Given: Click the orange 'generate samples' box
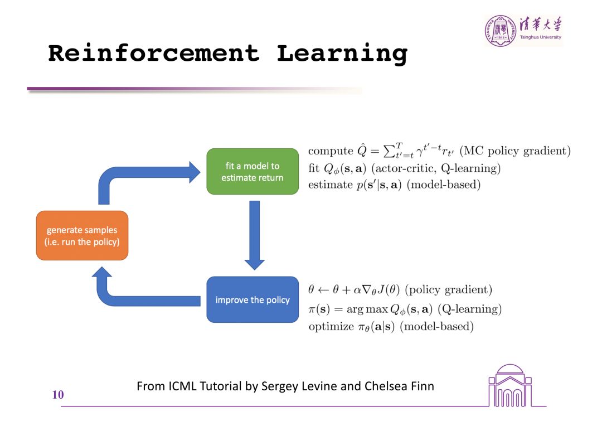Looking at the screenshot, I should point(82,235).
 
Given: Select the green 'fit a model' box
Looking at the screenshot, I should point(253,171).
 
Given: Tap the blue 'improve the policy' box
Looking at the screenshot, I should point(253,299).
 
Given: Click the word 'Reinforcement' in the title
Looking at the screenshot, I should point(154,54).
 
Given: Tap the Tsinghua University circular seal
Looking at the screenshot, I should point(498,31).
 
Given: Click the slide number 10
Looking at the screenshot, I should point(58,395).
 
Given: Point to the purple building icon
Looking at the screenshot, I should point(510,386).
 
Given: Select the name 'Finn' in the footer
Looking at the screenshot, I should point(421,385).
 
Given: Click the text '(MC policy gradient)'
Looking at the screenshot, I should point(515,151).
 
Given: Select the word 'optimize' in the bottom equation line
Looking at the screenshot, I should point(331,326).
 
